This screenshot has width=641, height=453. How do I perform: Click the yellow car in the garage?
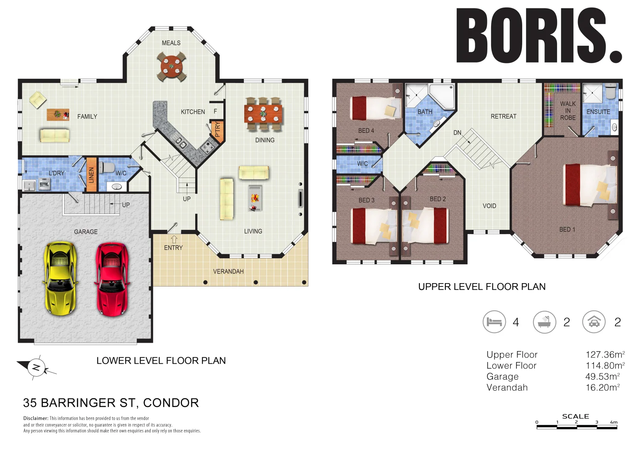(x=61, y=278)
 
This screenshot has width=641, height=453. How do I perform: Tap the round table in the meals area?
(x=171, y=66)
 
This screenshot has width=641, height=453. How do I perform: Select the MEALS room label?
(x=171, y=43)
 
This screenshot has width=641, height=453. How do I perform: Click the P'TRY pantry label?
(x=217, y=130)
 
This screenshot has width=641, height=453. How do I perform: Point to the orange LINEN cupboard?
(x=92, y=174)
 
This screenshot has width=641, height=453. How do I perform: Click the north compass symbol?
(x=36, y=368)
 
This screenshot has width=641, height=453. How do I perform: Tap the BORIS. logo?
(x=539, y=36)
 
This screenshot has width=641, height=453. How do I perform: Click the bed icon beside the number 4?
(x=494, y=322)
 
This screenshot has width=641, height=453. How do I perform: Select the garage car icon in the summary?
(x=594, y=322)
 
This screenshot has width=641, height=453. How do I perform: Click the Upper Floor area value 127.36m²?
(x=605, y=354)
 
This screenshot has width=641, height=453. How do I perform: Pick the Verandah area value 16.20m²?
(x=602, y=388)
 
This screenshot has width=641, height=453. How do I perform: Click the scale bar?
(x=576, y=427)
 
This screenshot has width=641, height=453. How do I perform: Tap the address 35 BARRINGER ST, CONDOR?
(x=111, y=403)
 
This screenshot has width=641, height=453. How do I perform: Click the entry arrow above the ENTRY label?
(x=174, y=240)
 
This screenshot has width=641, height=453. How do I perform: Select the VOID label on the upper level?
(x=489, y=206)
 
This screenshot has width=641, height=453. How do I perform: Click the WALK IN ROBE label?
(x=568, y=111)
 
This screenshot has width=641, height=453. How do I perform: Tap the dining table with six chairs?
(x=263, y=113)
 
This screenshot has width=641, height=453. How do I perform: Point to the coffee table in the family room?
(x=58, y=114)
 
